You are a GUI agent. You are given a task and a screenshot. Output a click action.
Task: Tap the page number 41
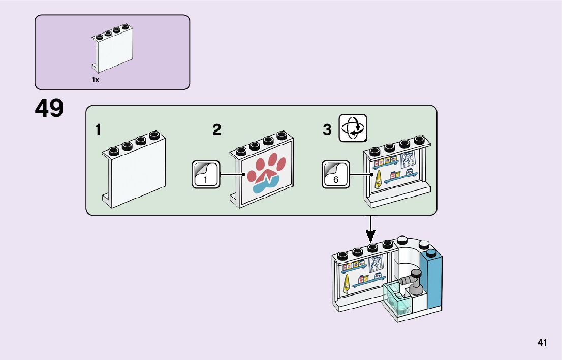click(542, 343)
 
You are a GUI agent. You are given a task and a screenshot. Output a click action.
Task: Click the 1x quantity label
click(95, 80)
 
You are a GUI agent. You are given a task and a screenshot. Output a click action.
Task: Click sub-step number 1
click(98, 130)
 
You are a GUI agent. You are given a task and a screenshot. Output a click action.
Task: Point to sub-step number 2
click(217, 130)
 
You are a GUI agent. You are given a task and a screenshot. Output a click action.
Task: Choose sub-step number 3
click(327, 130)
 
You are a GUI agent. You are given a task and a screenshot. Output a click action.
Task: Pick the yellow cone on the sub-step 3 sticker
click(378, 180)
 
